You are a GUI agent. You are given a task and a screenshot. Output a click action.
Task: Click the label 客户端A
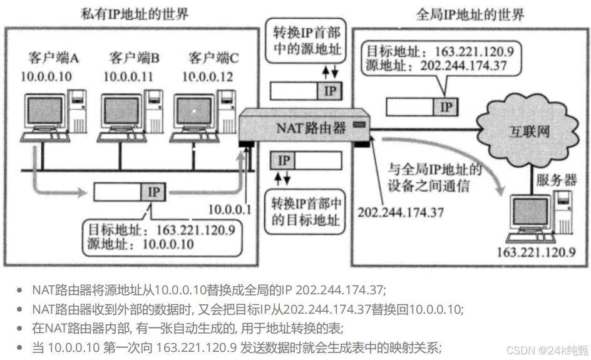(x=53, y=58)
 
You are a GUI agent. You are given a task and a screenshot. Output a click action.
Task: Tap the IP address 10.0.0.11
(x=128, y=76)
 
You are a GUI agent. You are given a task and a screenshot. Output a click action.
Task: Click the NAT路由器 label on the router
(x=311, y=128)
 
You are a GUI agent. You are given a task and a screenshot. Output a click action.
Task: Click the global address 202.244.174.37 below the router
(x=400, y=212)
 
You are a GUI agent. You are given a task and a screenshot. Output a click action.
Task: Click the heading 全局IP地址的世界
(x=470, y=13)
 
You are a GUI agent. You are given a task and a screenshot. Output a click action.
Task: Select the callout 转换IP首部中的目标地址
(x=306, y=212)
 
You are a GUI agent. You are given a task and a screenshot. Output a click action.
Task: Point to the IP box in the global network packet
(x=446, y=106)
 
